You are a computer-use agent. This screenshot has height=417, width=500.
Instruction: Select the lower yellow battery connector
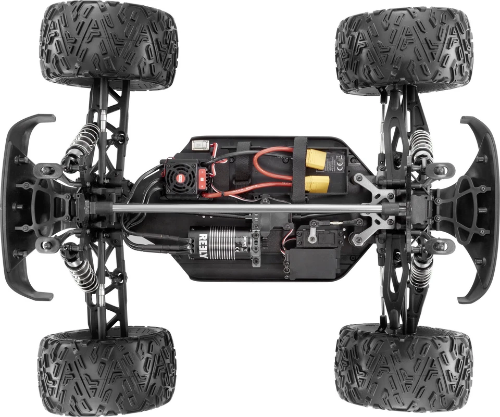click(x=317, y=183)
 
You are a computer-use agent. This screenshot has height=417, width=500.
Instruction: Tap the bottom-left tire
click(x=107, y=371)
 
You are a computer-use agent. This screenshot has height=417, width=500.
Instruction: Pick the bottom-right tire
click(x=404, y=368)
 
